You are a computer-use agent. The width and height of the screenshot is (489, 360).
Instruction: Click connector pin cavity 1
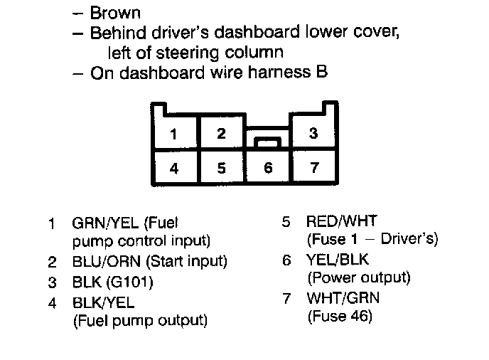pyautogui.click(x=174, y=133)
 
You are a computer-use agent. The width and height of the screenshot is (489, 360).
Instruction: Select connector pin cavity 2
pyautogui.click(x=221, y=133)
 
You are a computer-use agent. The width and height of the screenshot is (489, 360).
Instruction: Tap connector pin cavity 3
pyautogui.click(x=313, y=133)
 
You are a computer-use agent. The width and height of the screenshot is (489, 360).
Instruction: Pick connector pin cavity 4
pyautogui.click(x=174, y=169)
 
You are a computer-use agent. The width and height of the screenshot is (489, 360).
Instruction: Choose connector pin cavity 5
pyautogui.click(x=221, y=169)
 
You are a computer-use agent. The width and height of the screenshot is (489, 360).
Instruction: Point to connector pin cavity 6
pyautogui.click(x=267, y=169)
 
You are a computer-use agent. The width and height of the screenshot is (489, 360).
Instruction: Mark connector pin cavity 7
pyautogui.click(x=313, y=169)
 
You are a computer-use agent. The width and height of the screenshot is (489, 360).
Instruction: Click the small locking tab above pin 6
pyautogui.click(x=267, y=143)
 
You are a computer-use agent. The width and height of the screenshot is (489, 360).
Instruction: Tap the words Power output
pyautogui.click(x=359, y=277)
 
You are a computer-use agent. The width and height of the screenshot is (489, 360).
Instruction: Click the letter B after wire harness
pyautogui.click(x=322, y=73)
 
